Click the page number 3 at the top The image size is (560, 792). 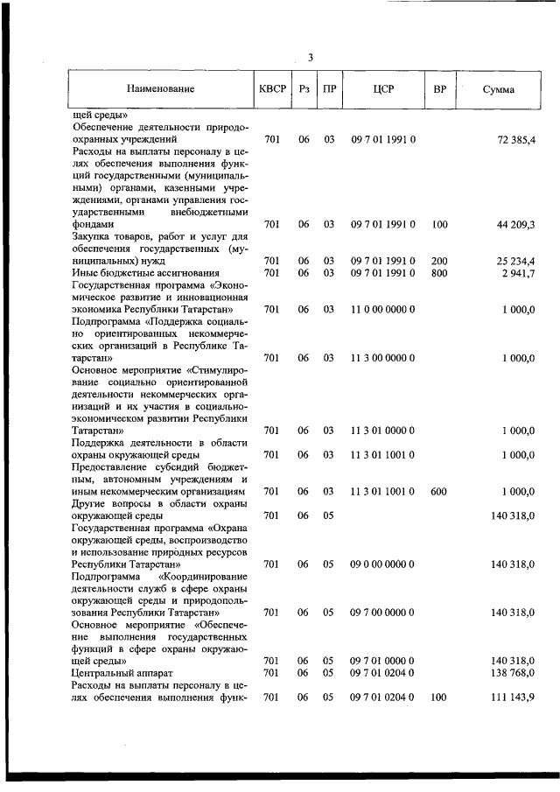310,58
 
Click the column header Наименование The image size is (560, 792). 160,90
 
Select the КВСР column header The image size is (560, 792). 272,90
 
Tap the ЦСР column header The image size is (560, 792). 383,90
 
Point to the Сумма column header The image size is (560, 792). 499,90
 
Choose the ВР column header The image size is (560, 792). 440,90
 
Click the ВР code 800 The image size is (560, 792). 439,274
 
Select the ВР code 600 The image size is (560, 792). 439,492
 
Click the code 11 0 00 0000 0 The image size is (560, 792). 383,310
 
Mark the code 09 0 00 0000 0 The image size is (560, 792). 383,564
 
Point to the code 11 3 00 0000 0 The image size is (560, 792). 383,358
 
